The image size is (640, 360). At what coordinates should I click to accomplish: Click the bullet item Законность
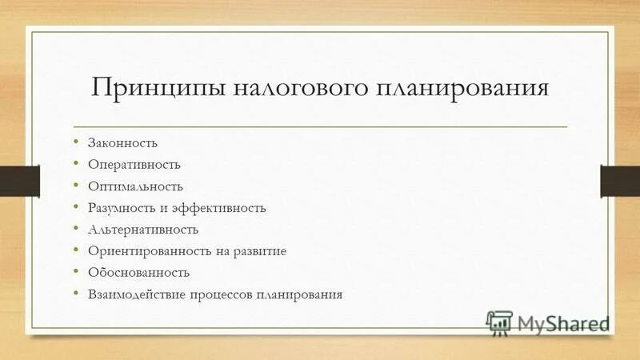123,143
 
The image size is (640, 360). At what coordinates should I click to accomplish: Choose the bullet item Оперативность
134,165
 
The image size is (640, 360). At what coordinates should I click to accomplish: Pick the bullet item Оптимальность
136,186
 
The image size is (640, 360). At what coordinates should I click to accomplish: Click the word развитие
260,251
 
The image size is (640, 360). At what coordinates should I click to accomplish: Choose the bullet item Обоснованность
139,273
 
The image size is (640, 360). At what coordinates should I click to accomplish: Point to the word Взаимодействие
137,294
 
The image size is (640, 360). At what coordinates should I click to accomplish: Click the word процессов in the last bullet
221,294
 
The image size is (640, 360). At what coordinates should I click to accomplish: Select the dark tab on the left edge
13,180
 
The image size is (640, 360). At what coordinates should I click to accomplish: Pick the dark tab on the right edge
621,180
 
